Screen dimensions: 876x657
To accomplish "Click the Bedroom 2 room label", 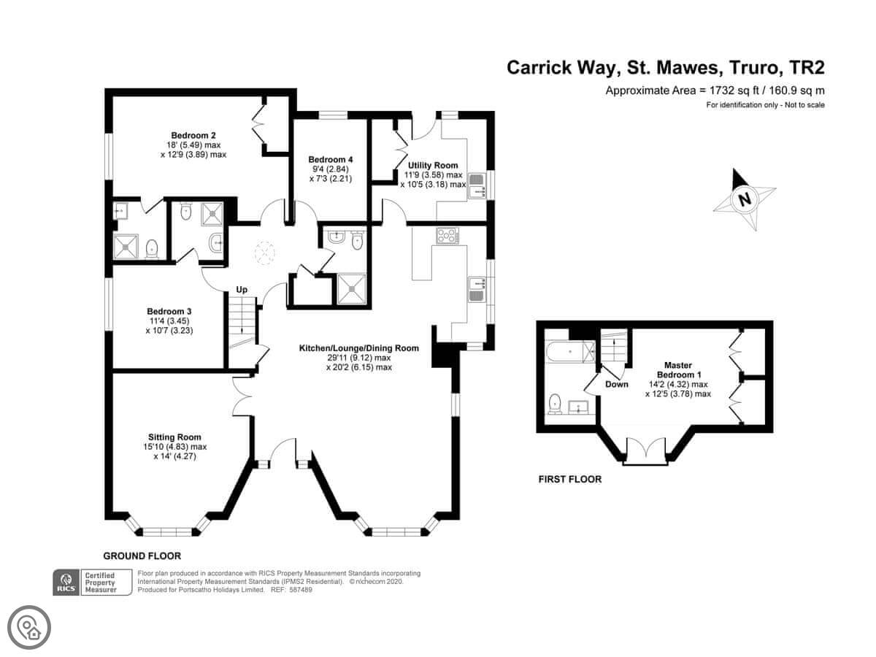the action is click(x=193, y=136).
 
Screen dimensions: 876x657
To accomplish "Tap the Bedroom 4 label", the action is click(x=331, y=160).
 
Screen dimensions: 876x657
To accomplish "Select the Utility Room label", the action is click(x=433, y=165).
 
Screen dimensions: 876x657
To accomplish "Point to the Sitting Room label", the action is click(x=174, y=437).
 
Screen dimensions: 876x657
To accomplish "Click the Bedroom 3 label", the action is click(x=169, y=311).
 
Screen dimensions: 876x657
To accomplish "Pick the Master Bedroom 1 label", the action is click(x=678, y=370).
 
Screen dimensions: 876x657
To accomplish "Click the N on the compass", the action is click(x=744, y=199).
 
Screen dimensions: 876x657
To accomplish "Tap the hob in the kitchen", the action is click(x=447, y=235).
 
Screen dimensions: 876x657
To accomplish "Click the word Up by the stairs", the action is click(x=242, y=290).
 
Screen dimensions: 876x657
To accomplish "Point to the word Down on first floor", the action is click(x=617, y=384).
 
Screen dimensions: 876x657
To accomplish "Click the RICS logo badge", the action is click(x=66, y=582).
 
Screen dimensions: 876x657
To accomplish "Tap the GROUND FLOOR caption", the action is click(x=142, y=556).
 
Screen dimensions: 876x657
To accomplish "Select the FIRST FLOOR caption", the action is click(x=570, y=479).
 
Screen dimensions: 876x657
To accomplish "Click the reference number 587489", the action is click(x=299, y=590).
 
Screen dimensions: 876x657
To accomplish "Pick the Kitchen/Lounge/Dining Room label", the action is click(x=358, y=348).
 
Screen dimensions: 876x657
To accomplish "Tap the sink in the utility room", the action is click(x=477, y=185).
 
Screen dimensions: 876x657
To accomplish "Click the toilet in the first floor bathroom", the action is click(x=555, y=404).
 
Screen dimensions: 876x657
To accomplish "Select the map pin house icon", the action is click(x=29, y=627).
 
